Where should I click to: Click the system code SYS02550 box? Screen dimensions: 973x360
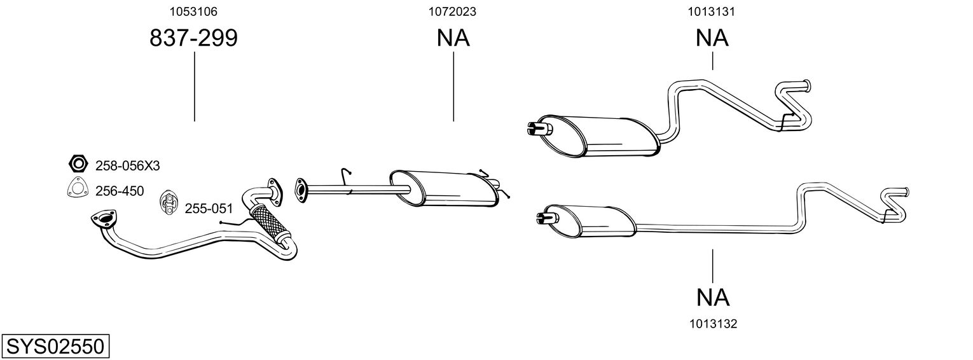click(x=55, y=347)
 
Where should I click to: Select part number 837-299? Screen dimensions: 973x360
click(x=193, y=38)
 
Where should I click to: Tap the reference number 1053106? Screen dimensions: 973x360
click(x=193, y=11)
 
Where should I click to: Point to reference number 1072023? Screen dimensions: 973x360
click(x=453, y=11)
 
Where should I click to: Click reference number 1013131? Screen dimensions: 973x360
click(x=712, y=11)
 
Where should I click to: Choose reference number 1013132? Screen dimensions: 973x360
click(x=713, y=324)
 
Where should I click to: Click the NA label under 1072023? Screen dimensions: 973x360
click(x=453, y=38)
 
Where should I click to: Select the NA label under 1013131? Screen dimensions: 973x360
click(x=712, y=38)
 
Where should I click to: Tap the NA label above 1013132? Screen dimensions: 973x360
click(x=713, y=296)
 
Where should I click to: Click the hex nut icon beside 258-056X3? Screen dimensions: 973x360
click(x=78, y=164)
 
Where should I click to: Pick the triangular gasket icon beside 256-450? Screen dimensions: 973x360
click(x=78, y=190)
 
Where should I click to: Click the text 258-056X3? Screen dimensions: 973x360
click(x=127, y=166)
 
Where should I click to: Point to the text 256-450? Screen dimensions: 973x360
click(x=120, y=191)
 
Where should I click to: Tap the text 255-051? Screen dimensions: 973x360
click(x=209, y=209)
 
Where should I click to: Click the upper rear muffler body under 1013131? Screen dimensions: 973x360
click(x=598, y=136)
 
